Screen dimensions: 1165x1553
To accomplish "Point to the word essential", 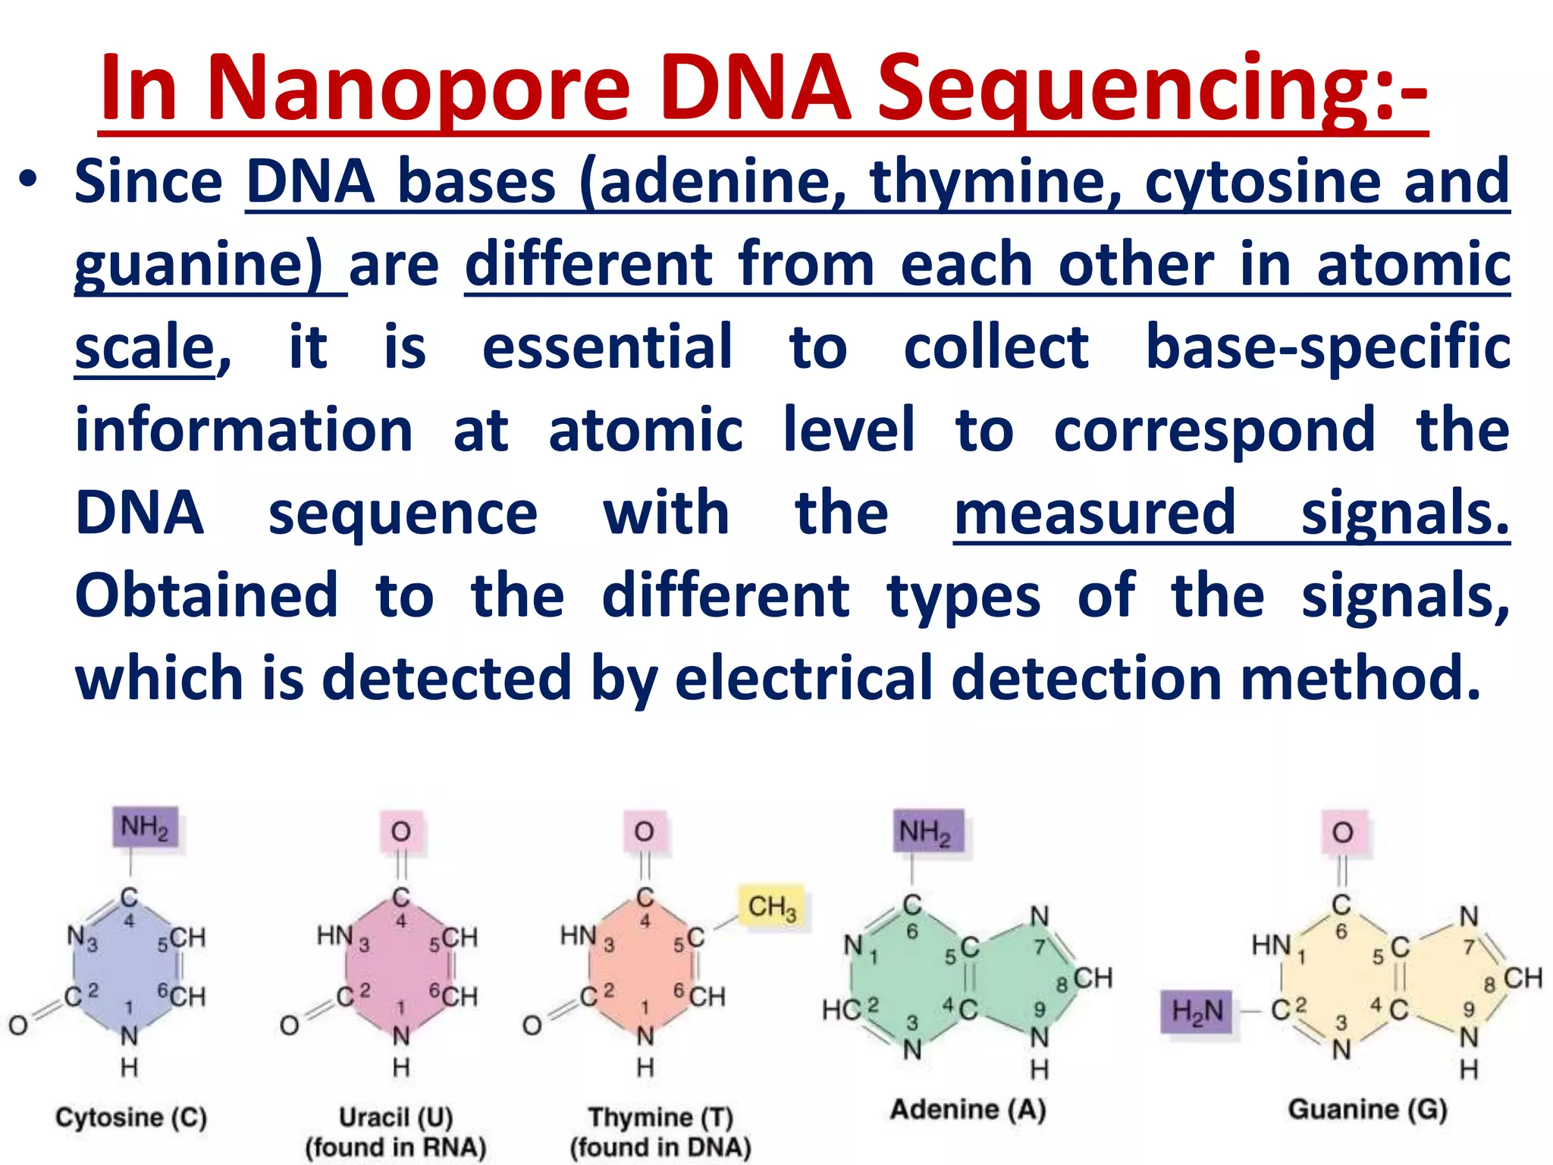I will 607,347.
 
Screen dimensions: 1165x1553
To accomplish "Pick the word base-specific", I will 1327,347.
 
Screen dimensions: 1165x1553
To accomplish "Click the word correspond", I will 1214,430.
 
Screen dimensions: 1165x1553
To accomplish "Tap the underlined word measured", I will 1095,513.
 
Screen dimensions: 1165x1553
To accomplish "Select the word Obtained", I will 206,595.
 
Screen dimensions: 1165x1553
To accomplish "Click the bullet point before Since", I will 29,183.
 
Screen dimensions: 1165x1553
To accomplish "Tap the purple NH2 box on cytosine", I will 145,827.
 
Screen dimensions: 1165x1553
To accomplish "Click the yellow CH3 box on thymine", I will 772,907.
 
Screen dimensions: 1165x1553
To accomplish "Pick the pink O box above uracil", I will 401,832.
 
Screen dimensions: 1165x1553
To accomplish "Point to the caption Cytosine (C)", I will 130,1117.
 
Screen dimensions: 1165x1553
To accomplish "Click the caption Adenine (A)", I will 968,1110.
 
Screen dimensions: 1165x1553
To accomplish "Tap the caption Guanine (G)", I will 1367,1110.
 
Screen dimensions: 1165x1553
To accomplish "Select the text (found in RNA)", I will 395,1147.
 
